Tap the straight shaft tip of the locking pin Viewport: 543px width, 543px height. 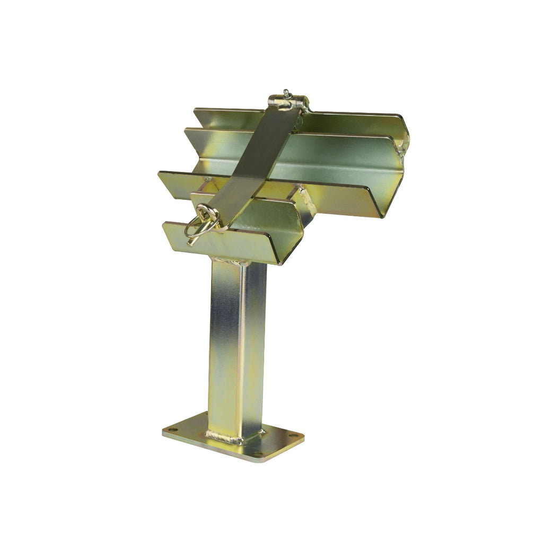point(190,243)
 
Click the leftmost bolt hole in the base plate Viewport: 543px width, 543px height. point(170,430)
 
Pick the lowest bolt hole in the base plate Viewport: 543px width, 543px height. point(258,454)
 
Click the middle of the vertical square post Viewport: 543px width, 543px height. point(237,345)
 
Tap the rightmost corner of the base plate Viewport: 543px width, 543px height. point(304,438)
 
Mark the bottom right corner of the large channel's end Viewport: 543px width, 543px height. point(381,217)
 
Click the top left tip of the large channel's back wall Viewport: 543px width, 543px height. point(195,109)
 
